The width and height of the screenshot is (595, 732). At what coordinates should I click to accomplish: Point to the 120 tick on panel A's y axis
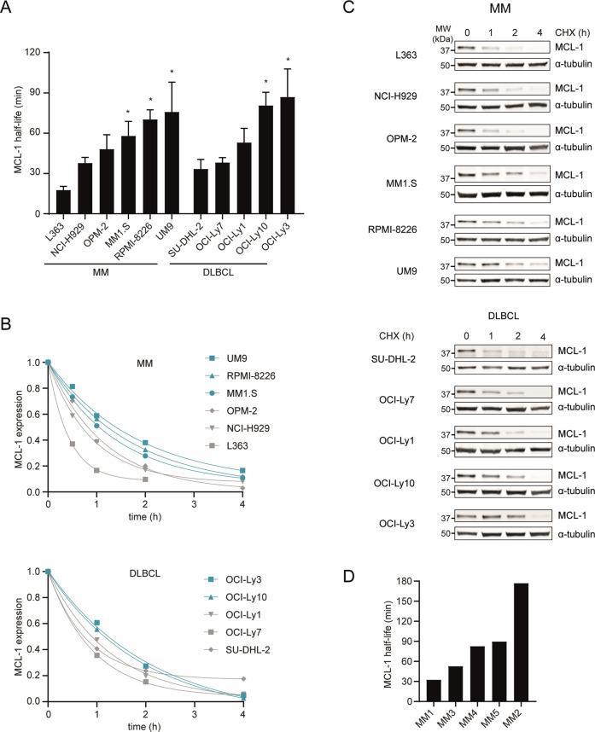tap(40, 52)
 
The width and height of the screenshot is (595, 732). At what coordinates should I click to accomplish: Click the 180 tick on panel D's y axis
tap(404, 580)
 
